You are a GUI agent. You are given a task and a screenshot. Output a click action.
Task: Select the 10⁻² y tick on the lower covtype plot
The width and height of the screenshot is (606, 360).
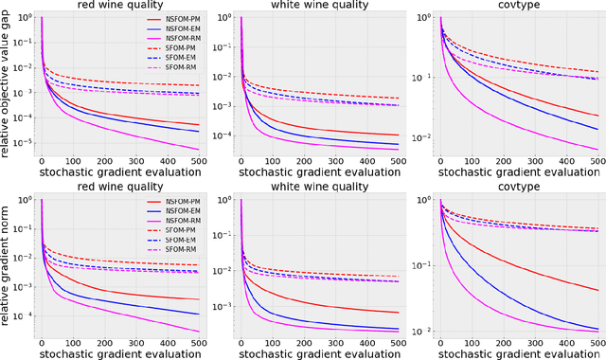pyautogui.click(x=424, y=330)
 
